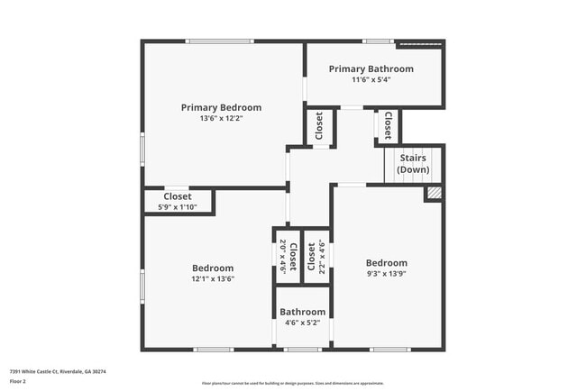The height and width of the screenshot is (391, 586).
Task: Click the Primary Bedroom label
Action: [221, 107]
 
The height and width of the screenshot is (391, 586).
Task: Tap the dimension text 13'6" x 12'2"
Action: [221, 118]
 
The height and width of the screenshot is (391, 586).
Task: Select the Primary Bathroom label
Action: [371, 68]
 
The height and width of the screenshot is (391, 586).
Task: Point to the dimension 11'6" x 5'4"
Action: [371, 79]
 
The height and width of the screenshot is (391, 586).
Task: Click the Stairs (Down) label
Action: [413, 164]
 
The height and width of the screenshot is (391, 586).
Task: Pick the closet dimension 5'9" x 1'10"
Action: [177, 207]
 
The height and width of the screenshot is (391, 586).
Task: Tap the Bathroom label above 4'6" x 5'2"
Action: [302, 312]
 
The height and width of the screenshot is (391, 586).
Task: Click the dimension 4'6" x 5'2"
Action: [302, 323]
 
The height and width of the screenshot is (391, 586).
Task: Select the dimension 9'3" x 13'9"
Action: [386, 274]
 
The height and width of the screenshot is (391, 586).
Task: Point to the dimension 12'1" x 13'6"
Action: [213, 278]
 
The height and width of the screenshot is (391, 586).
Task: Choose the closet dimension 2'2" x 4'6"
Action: [321, 257]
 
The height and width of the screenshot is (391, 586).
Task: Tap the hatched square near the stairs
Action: [434, 193]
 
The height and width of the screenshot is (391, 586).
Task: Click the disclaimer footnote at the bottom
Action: [293, 382]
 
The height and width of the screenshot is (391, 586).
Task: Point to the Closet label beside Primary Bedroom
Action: [319, 128]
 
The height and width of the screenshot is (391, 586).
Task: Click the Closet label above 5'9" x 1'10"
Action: [177, 196]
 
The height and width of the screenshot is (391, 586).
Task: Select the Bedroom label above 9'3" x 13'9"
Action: [386, 263]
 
